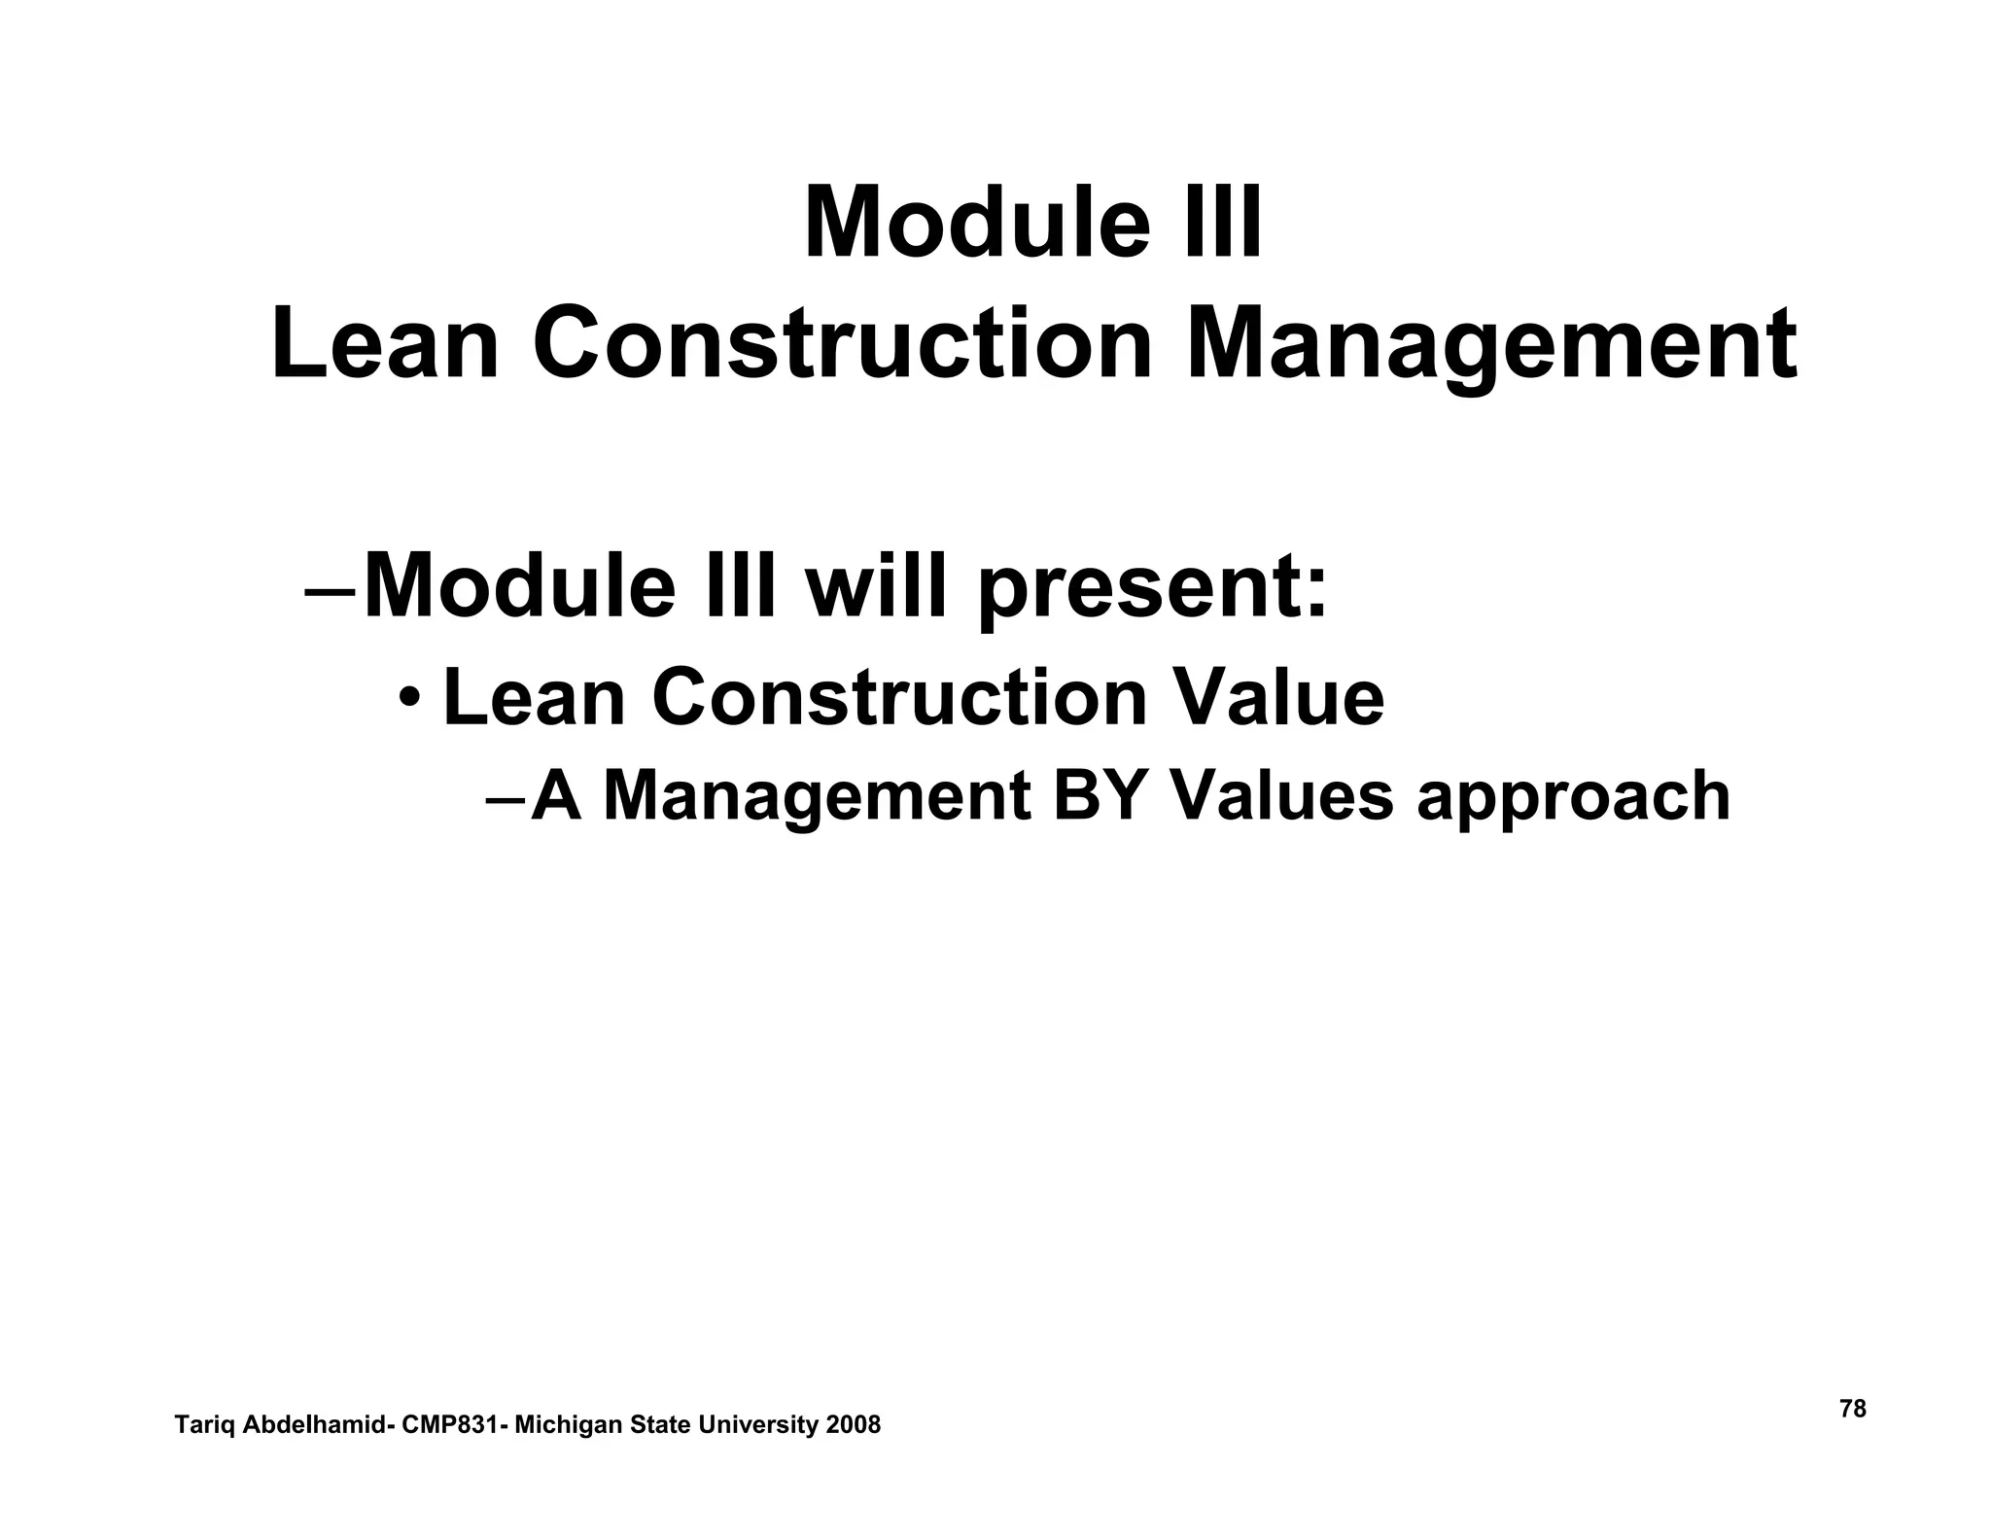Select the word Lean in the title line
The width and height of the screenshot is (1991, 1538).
[x=385, y=344]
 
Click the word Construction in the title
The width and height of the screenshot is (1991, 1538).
[x=842, y=344]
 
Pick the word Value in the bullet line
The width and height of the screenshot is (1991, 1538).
[x=1278, y=697]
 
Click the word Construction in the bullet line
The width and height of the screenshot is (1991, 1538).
[x=900, y=697]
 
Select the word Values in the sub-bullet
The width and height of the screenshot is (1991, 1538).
[x=1281, y=796]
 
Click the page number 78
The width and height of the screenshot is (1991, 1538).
[x=1853, y=1409]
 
